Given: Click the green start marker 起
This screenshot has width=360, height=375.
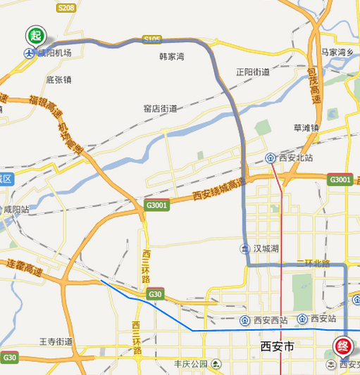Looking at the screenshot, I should tap(35, 35).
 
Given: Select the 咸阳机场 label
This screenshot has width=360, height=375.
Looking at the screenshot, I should tap(54, 53).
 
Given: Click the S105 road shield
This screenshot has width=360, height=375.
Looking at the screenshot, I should tap(151, 39).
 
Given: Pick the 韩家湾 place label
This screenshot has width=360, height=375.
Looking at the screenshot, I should tap(171, 56).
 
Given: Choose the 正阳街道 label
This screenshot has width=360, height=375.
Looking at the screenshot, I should tap(253, 72).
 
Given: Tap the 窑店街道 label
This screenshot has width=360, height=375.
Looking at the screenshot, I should tap(160, 109).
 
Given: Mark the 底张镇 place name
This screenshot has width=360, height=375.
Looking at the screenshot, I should tap(59, 80).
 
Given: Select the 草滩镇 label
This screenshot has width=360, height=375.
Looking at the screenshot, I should tap(306, 127).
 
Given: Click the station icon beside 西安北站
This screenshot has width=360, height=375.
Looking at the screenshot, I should tap(271, 158).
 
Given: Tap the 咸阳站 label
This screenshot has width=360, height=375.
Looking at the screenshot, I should tap(16, 210).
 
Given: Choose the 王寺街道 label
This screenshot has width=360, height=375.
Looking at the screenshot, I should tap(56, 341).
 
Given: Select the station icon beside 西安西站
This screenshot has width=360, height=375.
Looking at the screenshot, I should tap(244, 320).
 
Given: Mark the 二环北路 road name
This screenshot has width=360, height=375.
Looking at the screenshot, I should tap(314, 264).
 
